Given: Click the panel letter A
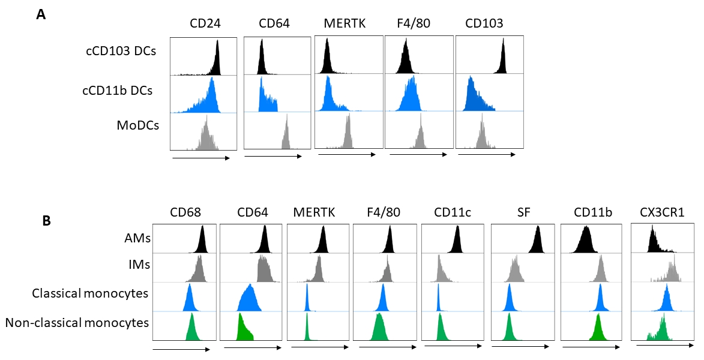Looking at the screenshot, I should pyautogui.click(x=41, y=15).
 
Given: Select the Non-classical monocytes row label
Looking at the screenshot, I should pyautogui.click(x=77, y=323).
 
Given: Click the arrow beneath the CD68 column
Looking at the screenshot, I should pyautogui.click(x=181, y=348).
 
